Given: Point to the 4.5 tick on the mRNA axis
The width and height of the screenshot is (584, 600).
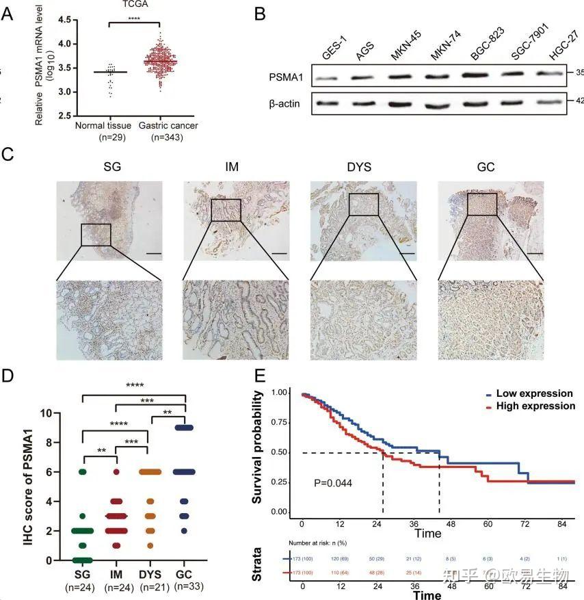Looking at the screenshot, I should point(67,20).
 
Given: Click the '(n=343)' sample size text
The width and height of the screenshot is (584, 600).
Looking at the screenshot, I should point(169,137).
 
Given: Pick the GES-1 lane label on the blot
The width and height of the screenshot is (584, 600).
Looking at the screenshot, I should point(331,52).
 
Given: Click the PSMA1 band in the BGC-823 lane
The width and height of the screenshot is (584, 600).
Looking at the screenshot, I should point(477,73).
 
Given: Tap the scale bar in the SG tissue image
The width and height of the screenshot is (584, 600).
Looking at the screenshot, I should point(153,252).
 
